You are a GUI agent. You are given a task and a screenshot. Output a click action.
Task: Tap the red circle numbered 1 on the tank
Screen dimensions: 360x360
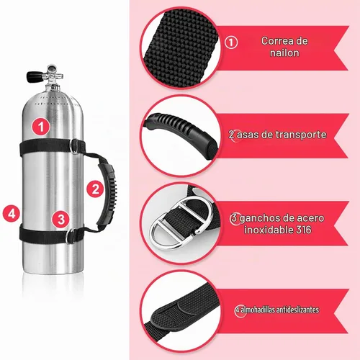pyautogui.click(x=41, y=127)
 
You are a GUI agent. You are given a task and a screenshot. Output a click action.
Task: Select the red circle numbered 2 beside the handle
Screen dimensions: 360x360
pyautogui.click(x=95, y=189)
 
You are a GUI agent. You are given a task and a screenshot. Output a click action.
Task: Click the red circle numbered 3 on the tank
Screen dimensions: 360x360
pyautogui.click(x=61, y=219)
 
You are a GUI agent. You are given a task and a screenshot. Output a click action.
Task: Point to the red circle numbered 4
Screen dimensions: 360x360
pyautogui.click(x=12, y=213)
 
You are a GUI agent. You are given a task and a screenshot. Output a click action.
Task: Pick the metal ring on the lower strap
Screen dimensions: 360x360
pyautogui.click(x=70, y=236)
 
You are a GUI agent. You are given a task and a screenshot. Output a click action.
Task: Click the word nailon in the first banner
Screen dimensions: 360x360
pyautogui.click(x=284, y=53)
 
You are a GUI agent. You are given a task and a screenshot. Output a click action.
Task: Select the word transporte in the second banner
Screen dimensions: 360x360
pyautogui.click(x=301, y=135)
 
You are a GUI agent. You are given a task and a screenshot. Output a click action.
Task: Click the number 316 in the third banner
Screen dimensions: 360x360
pyautogui.click(x=303, y=230)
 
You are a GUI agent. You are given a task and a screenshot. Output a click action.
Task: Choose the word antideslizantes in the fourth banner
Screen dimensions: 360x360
pyautogui.click(x=297, y=310)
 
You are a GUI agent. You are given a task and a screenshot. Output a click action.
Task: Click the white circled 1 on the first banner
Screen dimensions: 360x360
pyautogui.click(x=231, y=42)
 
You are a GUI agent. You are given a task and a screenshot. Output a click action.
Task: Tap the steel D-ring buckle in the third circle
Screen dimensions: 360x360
pyautogui.click(x=180, y=223)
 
